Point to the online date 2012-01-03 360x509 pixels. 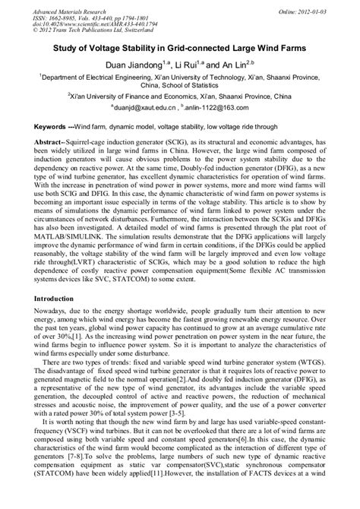coord(317,8)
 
